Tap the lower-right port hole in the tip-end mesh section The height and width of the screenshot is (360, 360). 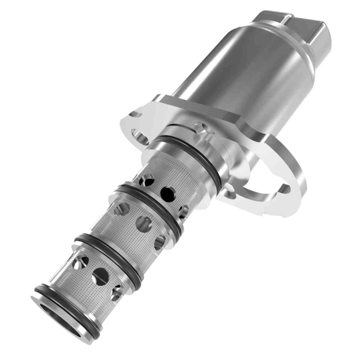point(117,293)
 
